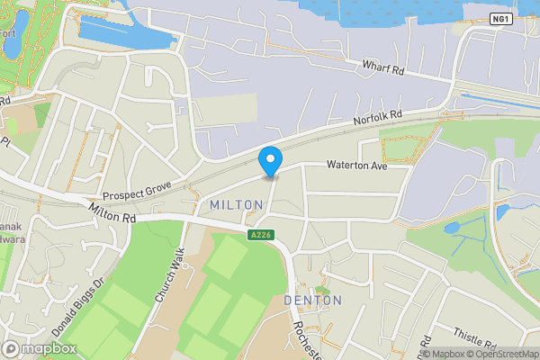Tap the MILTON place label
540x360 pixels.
pyautogui.click(x=236, y=206)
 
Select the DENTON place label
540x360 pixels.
pyautogui.click(x=312, y=300)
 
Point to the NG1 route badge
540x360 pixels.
pyautogui.click(x=501, y=18)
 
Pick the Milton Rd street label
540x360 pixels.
pyautogui.click(x=112, y=213)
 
